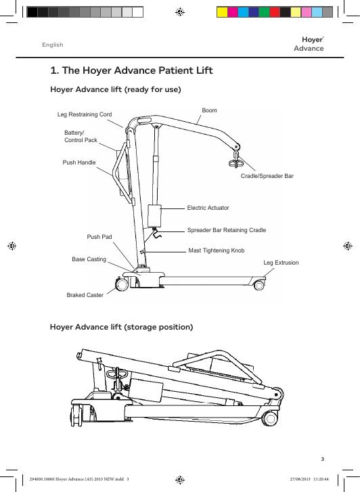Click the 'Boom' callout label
tap(209, 110)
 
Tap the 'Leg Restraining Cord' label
tap(85, 114)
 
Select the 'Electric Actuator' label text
tap(208, 208)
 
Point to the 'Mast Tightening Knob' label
tap(217, 250)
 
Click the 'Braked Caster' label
tap(85, 295)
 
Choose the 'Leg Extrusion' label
tap(281, 263)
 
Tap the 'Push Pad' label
tap(99, 237)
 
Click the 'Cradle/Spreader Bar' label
tap(267, 176)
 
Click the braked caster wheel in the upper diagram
tap(122, 284)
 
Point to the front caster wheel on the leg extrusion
tap(259, 285)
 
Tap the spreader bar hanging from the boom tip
tap(236, 162)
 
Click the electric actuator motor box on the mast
tap(154, 216)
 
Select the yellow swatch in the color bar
tap(222, 12)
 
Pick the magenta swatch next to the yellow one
tap(233, 12)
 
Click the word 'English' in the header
tap(53, 45)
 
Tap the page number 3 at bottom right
tap(322, 459)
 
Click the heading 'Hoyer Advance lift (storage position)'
tap(121, 327)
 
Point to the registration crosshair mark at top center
tap(180, 12)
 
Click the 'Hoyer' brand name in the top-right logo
tap(312, 40)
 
